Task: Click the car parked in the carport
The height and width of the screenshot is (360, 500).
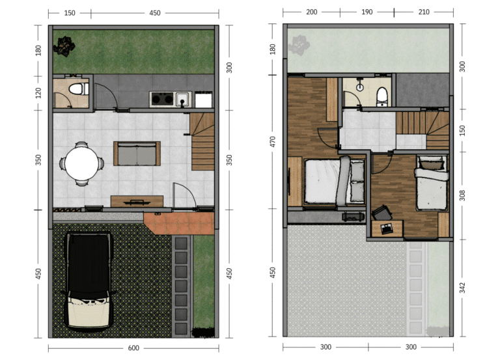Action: click(89, 281)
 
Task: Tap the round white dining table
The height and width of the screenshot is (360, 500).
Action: click(82, 163)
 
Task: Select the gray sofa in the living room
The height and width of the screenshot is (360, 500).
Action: click(137, 154)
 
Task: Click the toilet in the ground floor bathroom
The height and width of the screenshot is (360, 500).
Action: click(78, 89)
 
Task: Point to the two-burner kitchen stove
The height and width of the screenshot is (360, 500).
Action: click(162, 99)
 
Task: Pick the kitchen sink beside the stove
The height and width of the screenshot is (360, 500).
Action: click(183, 99)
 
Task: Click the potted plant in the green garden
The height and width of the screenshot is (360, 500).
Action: click(64, 47)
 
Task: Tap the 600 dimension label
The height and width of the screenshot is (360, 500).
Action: click(133, 348)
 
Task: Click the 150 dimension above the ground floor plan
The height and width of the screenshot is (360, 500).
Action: click(70, 13)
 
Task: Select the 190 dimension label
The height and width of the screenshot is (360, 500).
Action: click(367, 12)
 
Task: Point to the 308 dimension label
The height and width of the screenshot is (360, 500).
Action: click(462, 195)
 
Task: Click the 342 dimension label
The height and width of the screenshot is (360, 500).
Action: click(462, 288)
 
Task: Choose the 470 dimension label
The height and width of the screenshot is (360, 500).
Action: click(272, 141)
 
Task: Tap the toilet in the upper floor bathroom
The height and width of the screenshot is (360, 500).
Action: click(382, 96)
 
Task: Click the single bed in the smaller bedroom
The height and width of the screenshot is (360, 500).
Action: click(432, 182)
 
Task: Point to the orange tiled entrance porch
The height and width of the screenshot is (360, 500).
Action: click(178, 223)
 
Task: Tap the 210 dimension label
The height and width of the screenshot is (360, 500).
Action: click(423, 12)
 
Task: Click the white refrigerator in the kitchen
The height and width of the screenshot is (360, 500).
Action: click(203, 100)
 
